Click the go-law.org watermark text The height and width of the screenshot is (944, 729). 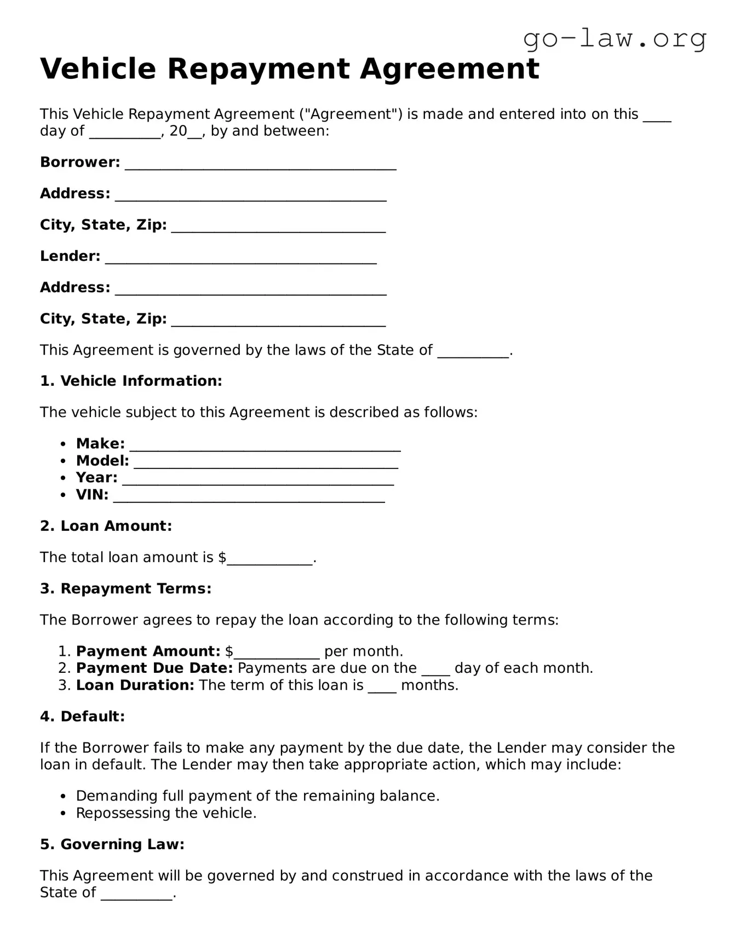[615, 39]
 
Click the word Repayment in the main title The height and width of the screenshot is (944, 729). [258, 69]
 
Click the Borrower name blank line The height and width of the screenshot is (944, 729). [260, 165]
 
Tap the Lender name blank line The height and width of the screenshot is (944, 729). [240, 259]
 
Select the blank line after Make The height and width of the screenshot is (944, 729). [265, 447]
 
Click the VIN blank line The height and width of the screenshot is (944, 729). [249, 497]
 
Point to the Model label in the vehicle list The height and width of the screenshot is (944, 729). [102, 461]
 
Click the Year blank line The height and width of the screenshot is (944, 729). [257, 480]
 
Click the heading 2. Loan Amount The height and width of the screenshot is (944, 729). [106, 526]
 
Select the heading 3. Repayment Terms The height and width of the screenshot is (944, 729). [125, 588]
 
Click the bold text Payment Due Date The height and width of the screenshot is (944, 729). [154, 668]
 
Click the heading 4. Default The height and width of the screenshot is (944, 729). [82, 717]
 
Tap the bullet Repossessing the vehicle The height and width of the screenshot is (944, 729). [166, 813]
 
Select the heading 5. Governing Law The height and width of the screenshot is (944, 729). [112, 844]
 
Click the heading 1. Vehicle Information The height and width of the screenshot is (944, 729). [131, 381]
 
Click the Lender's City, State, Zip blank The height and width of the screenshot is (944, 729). [278, 322]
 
